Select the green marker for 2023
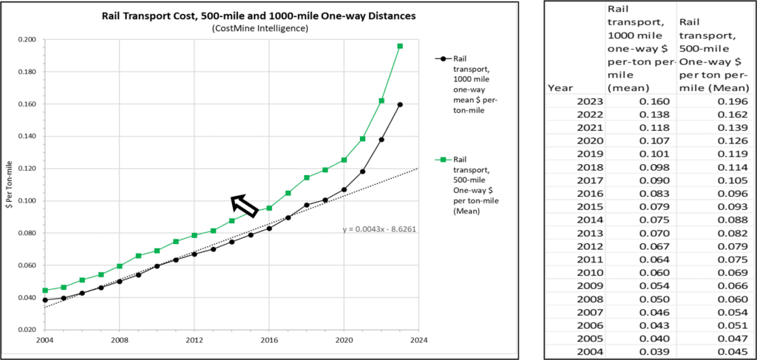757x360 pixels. [400, 46]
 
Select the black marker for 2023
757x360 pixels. [400, 104]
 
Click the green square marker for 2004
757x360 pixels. [44, 291]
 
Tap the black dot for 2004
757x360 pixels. [44, 300]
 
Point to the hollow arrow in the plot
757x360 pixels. [243, 205]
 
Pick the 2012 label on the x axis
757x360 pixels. [194, 342]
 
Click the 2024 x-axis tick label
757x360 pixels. [418, 342]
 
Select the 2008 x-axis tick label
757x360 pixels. [119, 342]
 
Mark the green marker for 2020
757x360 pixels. [344, 160]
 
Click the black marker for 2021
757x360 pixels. [362, 171]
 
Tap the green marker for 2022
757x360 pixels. [381, 101]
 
